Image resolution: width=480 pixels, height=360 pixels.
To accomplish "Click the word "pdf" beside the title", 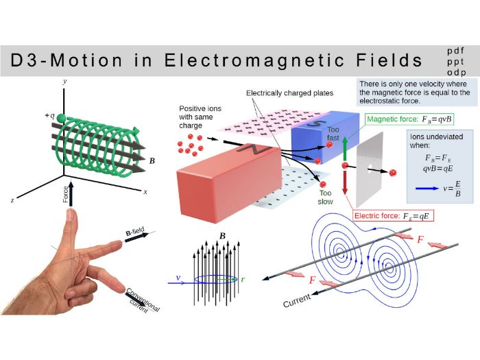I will [455, 51].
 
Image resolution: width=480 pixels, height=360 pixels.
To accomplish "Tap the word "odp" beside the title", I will [455, 72].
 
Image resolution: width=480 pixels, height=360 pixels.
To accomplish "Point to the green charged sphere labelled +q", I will [61, 119].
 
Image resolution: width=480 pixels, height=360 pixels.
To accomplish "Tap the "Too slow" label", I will [325, 197].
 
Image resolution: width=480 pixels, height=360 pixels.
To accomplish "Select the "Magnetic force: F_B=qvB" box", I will [410, 119].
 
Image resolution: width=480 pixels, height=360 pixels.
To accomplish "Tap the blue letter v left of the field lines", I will [179, 278].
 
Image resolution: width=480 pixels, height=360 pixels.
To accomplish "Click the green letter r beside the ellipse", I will [243, 279].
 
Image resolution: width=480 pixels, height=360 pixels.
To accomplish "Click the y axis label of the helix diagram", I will [64, 81].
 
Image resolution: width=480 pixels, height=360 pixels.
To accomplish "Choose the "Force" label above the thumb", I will [65, 195].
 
